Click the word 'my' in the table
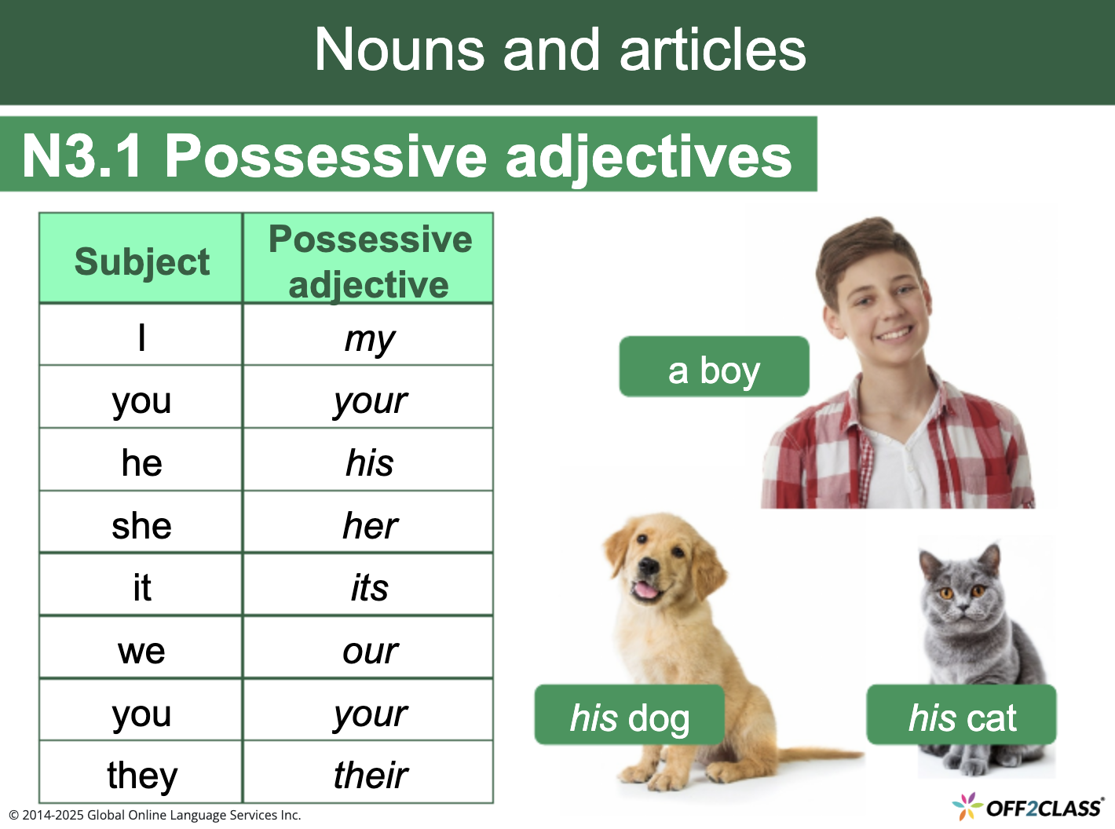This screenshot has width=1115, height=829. [x=369, y=338]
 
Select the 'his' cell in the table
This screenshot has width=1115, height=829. [x=369, y=462]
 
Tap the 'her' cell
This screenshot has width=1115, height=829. [x=369, y=525]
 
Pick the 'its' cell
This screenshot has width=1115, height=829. [x=369, y=587]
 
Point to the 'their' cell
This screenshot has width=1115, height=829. [x=369, y=775]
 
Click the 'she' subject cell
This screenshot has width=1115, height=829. [x=141, y=525]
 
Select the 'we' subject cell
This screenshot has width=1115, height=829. [x=141, y=650]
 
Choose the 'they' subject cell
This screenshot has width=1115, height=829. [x=141, y=775]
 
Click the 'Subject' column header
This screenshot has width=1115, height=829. [x=141, y=261]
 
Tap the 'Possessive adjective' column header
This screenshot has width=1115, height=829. [x=369, y=261]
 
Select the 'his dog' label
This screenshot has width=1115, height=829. [x=629, y=717]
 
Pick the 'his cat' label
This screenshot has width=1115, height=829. [x=961, y=717]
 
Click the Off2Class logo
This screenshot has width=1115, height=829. [x=1028, y=807]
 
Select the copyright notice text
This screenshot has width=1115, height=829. [x=155, y=815]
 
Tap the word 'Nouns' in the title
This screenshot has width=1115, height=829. [x=399, y=49]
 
